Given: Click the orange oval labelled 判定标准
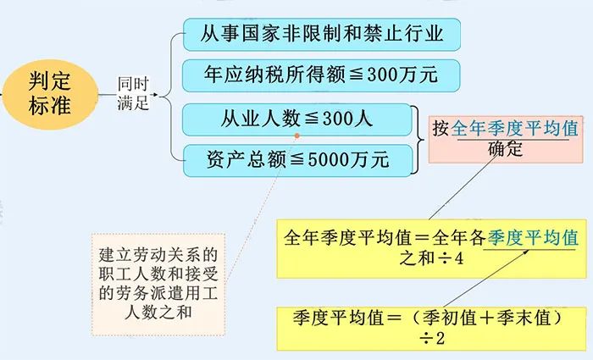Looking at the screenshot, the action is pyautogui.click(x=50, y=95).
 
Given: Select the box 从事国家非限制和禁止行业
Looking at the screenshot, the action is pyautogui.click(x=322, y=35).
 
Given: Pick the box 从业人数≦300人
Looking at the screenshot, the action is pyautogui.click(x=296, y=119).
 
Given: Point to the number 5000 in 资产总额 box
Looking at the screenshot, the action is pyautogui.click(x=328, y=159).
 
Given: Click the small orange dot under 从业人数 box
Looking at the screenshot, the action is pyautogui.click(x=297, y=136).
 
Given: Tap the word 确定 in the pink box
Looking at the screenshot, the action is pyautogui.click(x=505, y=149).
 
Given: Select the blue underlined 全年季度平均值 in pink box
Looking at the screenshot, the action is pyautogui.click(x=514, y=129).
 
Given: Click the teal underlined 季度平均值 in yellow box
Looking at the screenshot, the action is pyautogui.click(x=533, y=238).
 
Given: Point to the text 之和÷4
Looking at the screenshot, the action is pyautogui.click(x=431, y=259).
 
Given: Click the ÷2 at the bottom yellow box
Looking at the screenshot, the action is pyautogui.click(x=432, y=338).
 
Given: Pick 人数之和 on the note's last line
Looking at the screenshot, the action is pyautogui.click(x=158, y=313).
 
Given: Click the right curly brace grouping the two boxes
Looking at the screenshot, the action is pyautogui.click(x=418, y=140).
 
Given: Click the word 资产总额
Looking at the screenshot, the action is pyautogui.click(x=247, y=159).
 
